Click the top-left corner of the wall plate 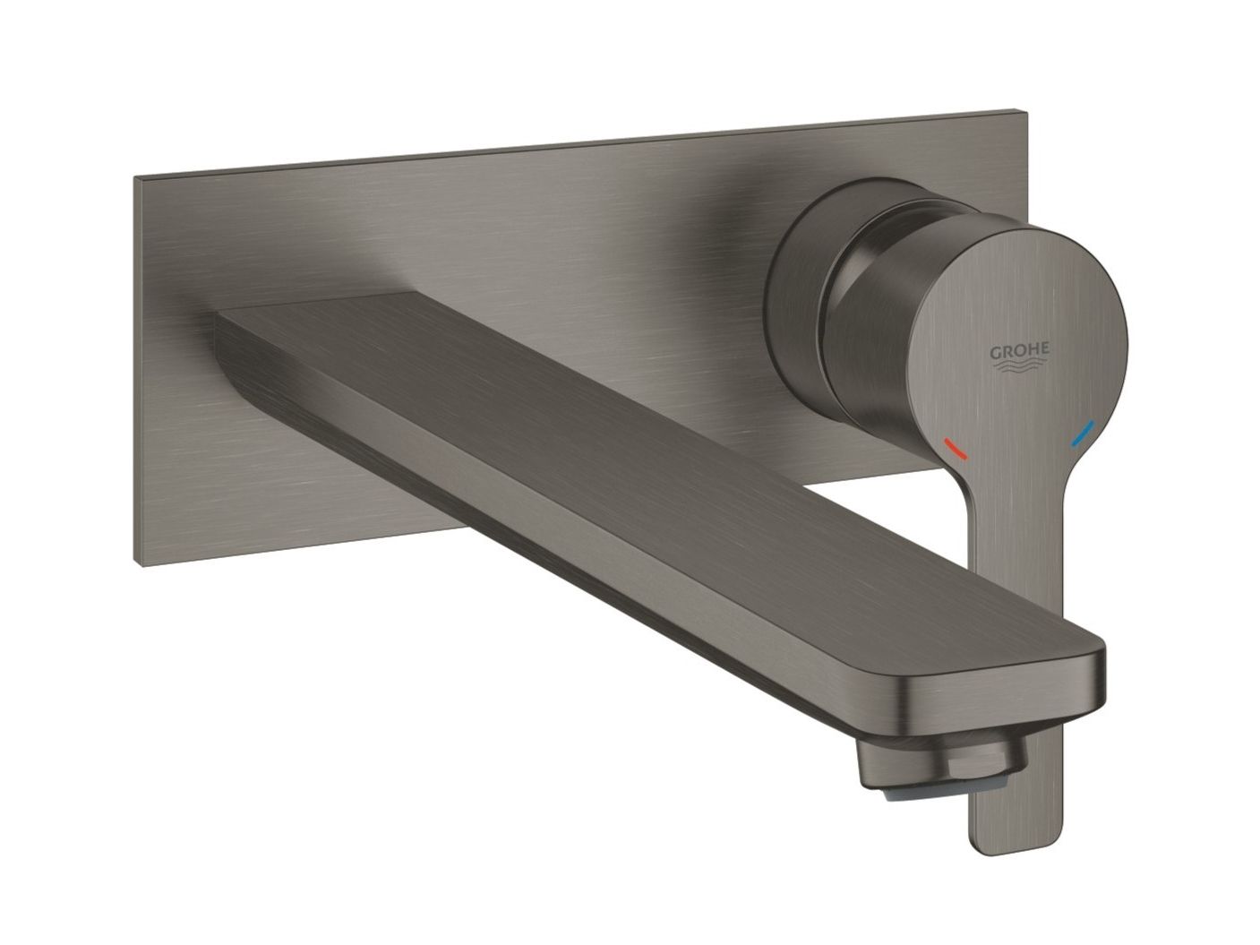point(136,179)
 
